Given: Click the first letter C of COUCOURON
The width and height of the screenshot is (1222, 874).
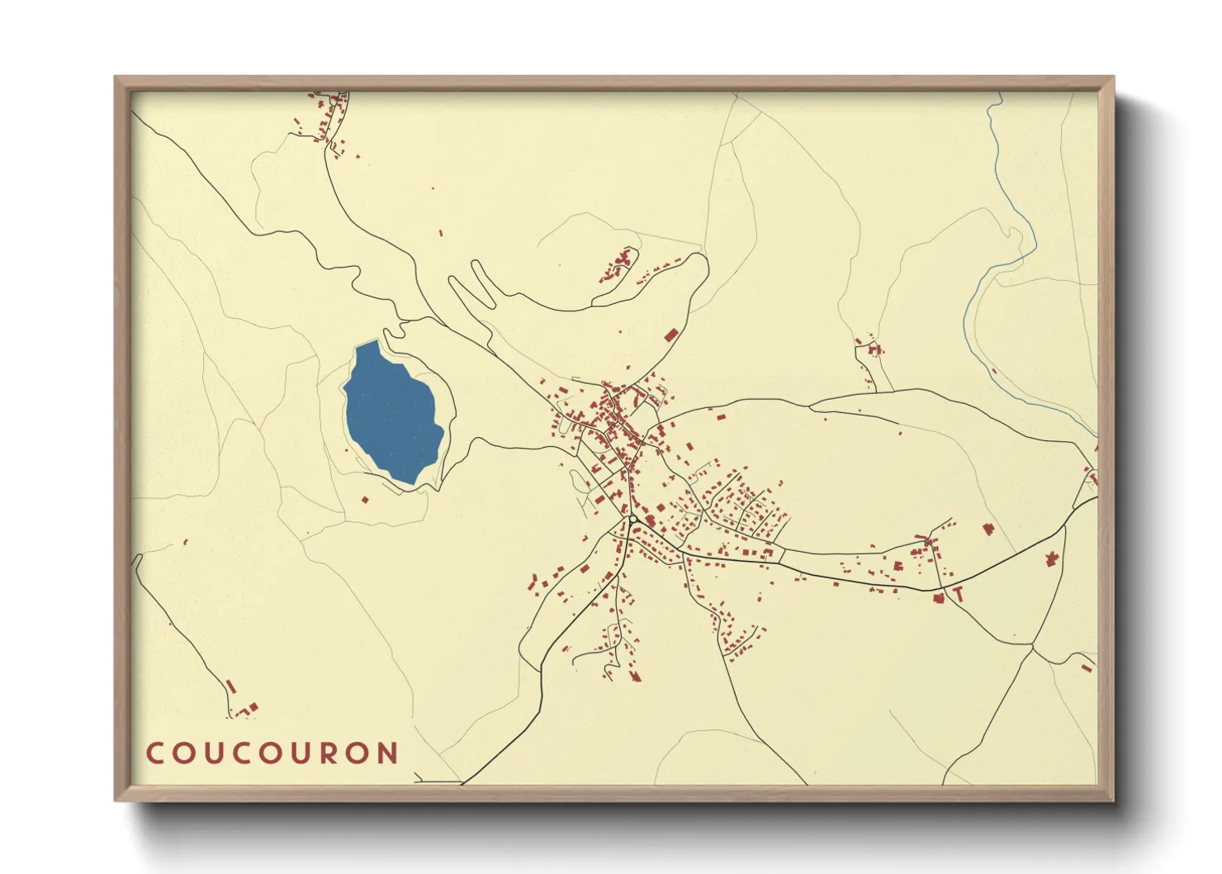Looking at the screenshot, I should pos(154,753).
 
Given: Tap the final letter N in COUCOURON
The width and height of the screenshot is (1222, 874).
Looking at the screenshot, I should pos(386,753).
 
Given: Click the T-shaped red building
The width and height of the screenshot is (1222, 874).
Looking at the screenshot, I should pos(958,593).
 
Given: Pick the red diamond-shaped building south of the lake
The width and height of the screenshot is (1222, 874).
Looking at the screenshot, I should pos(365,499).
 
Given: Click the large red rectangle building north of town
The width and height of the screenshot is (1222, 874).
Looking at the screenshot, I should pos(671,335).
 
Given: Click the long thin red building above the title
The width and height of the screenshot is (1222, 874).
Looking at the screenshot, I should pos(231,686).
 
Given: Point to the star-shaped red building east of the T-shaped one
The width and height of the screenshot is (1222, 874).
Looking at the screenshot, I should pos(1052,559).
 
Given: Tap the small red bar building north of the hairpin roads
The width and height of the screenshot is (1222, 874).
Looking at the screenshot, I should pos(440,234).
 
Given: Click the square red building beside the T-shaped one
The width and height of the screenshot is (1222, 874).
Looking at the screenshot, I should pos(939,597).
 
